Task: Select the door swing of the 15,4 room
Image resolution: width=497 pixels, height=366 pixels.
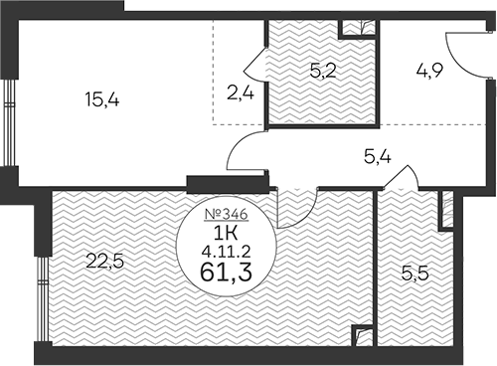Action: (247, 151)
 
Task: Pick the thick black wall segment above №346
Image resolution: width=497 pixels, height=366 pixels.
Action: (227, 182)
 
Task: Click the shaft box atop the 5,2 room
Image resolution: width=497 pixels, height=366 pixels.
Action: (358, 30)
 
